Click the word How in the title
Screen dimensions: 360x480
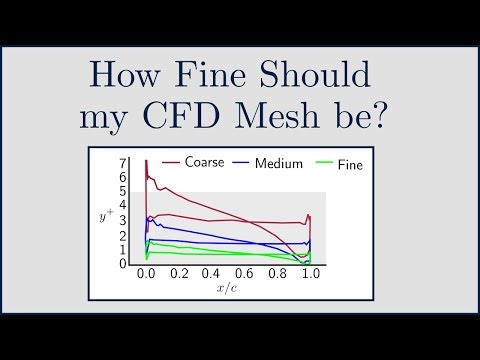[x=124, y=77]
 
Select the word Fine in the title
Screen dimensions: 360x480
[x=217, y=77]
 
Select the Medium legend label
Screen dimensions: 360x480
[x=279, y=163]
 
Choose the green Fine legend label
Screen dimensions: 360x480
[x=351, y=163]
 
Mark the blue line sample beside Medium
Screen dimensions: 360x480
[x=243, y=163]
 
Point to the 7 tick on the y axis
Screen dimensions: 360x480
[x=122, y=163]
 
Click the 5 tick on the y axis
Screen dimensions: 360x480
[x=122, y=191]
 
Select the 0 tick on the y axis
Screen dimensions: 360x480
[x=122, y=264]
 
